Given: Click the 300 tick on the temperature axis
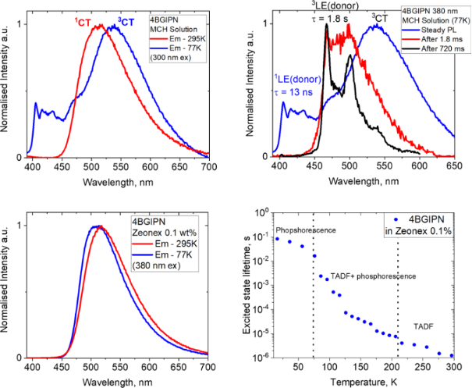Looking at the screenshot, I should pyautogui.click(x=452, y=367).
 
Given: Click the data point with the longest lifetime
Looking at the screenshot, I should pyautogui.click(x=277, y=238).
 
